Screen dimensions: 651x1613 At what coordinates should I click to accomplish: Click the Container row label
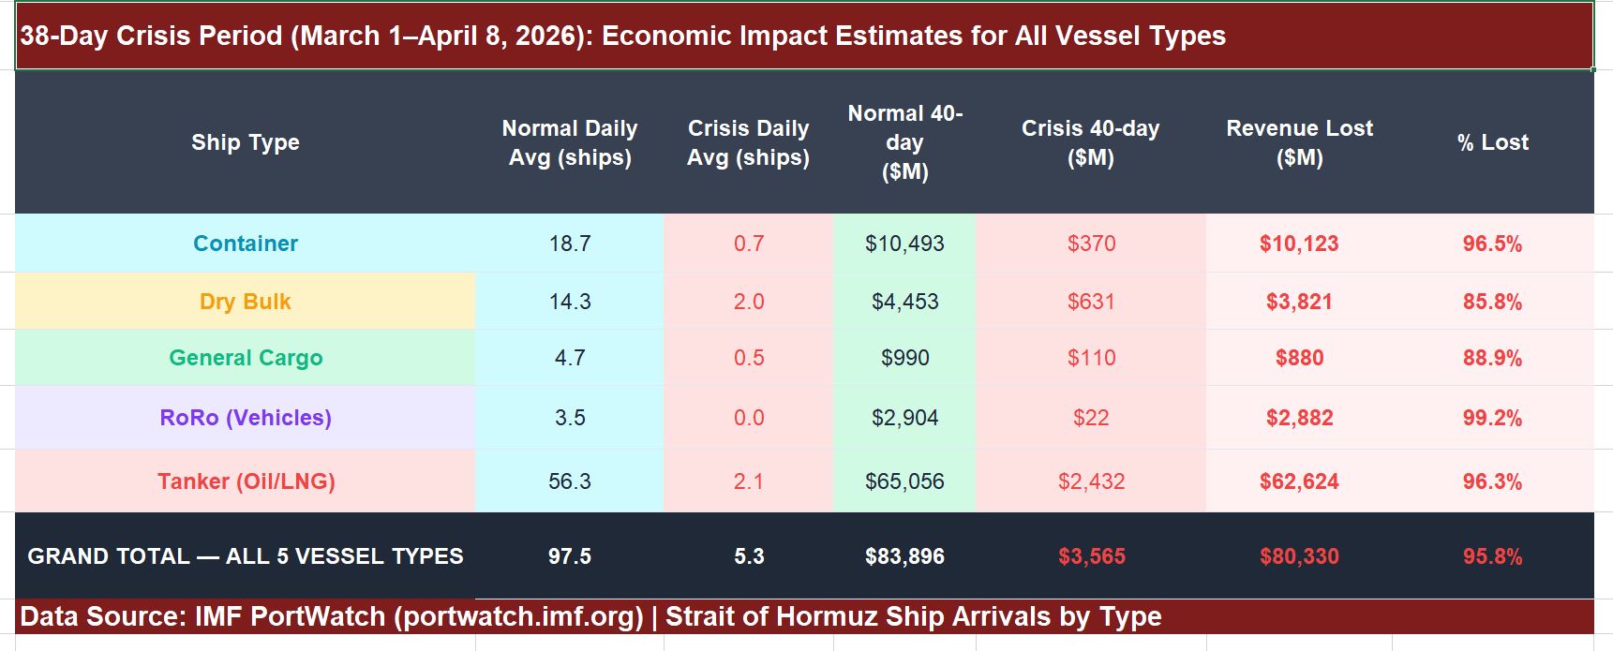click(246, 244)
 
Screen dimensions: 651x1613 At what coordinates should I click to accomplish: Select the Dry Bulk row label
click(246, 302)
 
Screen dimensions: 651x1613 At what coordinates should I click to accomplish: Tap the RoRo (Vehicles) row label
click(246, 418)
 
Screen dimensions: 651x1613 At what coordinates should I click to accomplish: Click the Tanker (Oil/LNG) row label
click(246, 481)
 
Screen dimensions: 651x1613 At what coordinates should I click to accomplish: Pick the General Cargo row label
click(246, 358)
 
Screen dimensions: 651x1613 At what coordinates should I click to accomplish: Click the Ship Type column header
click(246, 142)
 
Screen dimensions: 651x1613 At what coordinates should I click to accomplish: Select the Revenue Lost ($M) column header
click(1299, 142)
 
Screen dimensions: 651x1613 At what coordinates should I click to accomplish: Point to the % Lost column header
click(1492, 142)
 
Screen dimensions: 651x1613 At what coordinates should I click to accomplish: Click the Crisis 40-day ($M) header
click(1090, 142)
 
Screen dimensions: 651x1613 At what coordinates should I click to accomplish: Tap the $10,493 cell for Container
click(904, 244)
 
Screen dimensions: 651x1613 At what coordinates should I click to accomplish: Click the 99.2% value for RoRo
click(1492, 418)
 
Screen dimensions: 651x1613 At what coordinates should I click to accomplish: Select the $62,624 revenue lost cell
click(1299, 481)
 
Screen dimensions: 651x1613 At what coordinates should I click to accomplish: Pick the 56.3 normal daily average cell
click(570, 481)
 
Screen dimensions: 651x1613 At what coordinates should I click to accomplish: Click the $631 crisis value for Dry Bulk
click(1091, 302)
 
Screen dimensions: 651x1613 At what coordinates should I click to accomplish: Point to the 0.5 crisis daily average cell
click(749, 358)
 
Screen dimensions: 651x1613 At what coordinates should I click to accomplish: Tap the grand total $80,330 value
click(1299, 556)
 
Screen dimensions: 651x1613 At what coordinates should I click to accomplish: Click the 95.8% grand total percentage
click(1492, 556)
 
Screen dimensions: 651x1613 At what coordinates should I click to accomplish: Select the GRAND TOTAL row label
click(246, 556)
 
